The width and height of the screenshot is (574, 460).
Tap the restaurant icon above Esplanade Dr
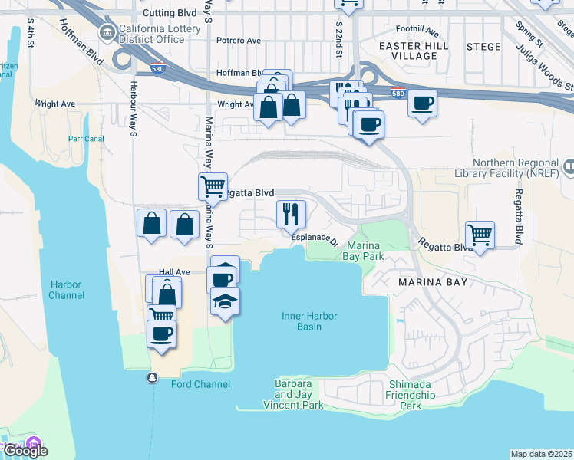click(x=291, y=215)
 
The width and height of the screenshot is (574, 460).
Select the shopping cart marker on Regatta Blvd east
click(x=480, y=235)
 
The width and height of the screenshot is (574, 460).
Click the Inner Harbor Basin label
click(x=310, y=321)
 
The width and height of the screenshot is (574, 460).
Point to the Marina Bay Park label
click(x=365, y=251)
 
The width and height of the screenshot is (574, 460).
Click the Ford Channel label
click(x=197, y=382)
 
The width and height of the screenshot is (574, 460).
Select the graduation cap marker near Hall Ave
click(x=225, y=301)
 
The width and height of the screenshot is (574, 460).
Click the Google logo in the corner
click(x=25, y=450)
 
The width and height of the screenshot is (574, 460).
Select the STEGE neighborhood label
click(x=483, y=46)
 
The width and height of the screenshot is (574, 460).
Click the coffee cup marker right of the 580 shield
click(x=421, y=103)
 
